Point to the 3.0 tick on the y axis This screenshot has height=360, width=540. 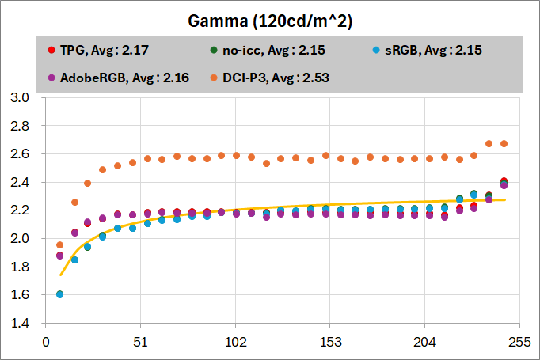pos(18,97)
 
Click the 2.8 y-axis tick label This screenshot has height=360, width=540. pos(18,126)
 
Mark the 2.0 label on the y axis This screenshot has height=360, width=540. pos(18,238)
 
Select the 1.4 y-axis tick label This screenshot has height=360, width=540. pos(18,323)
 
